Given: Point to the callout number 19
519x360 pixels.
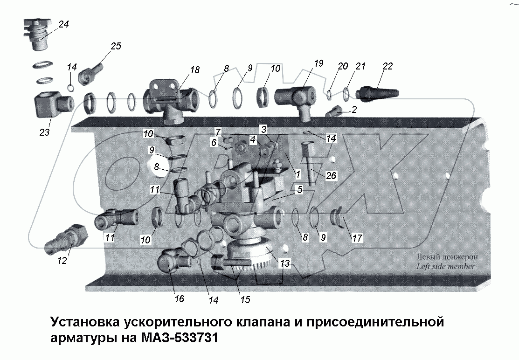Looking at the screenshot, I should [x=318, y=64].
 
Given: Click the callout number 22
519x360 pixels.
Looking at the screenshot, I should [x=388, y=66].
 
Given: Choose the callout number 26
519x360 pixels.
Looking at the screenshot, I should [x=332, y=176].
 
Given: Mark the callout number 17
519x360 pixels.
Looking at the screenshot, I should [x=357, y=238].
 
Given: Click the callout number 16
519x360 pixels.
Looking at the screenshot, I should [x=179, y=298].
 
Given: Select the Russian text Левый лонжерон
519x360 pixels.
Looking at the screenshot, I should [x=447, y=257].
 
